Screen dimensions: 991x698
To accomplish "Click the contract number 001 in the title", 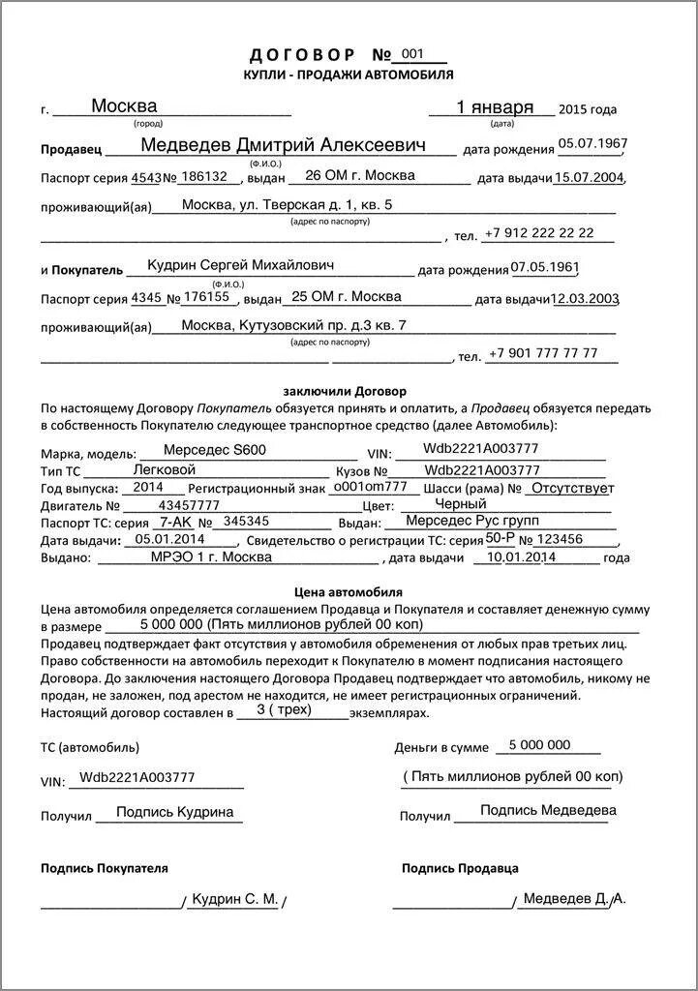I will pyautogui.click(x=412, y=54).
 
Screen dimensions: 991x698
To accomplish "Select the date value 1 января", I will pyautogui.click(x=494, y=107).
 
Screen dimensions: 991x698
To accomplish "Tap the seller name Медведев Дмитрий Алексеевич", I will pyautogui.click(x=284, y=145).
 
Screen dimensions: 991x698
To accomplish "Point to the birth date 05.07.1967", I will pyautogui.click(x=592, y=144).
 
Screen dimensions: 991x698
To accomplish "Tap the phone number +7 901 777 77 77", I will pyautogui.click(x=543, y=353).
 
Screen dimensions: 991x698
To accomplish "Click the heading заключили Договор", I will pyautogui.click(x=345, y=391).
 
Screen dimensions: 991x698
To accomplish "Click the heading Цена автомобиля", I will pyautogui.click(x=348, y=591).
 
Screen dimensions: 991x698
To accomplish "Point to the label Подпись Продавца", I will pyautogui.click(x=460, y=868).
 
